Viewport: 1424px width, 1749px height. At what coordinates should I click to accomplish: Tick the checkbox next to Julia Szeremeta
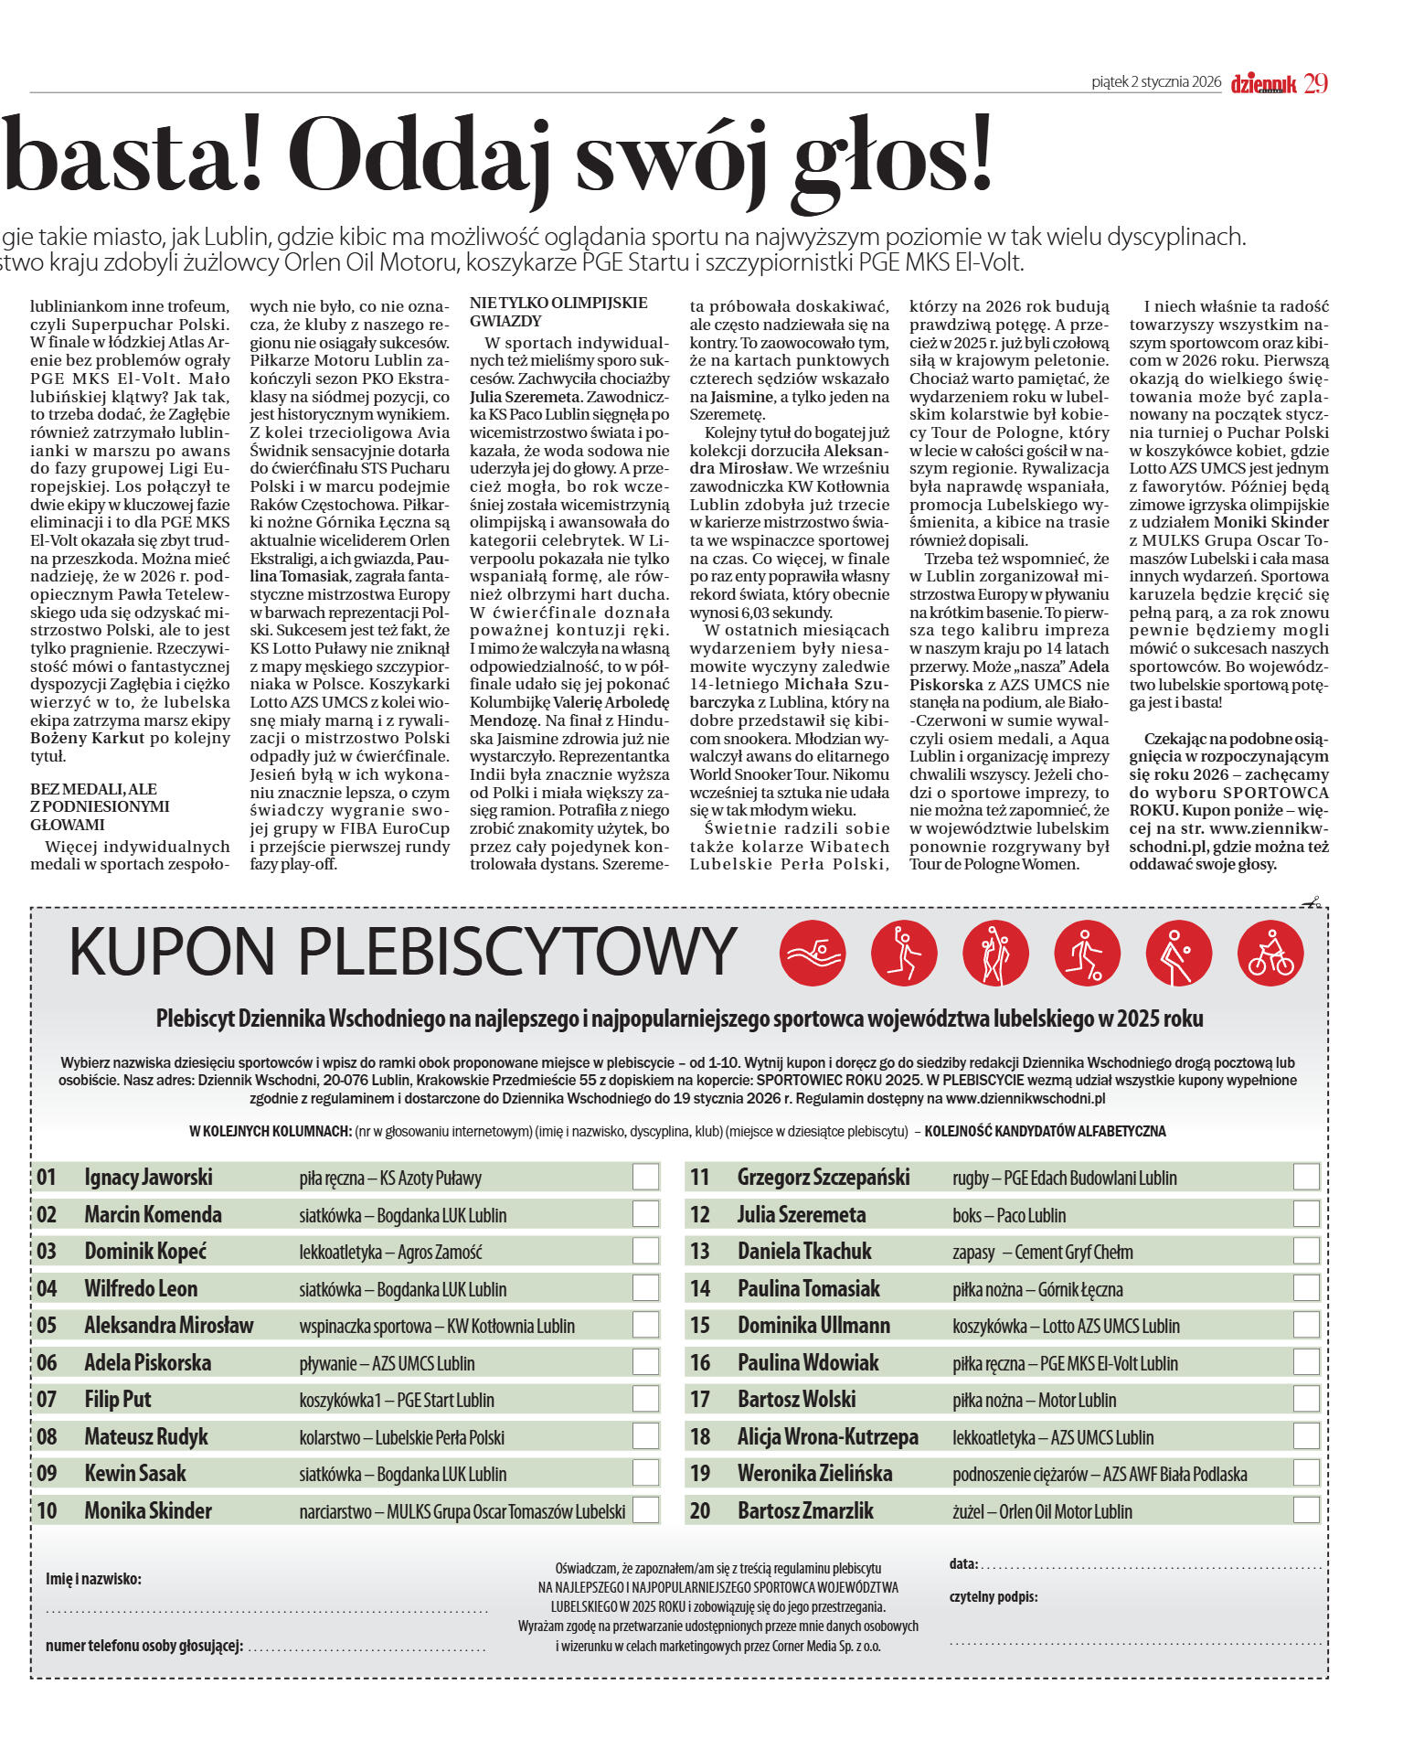point(1306,1214)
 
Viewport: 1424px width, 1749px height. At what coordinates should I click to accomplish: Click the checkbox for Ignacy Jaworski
point(645,1177)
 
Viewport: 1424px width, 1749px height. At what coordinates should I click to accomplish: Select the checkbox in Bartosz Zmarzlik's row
point(1306,1509)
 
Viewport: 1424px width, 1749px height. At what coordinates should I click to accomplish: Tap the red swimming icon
point(813,954)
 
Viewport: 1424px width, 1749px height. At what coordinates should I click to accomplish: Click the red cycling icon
point(1270,954)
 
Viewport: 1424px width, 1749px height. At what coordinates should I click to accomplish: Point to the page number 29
point(1315,83)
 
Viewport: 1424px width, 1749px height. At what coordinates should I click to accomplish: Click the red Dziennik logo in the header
point(1263,84)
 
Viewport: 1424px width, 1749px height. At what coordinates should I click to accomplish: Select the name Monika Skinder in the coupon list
point(148,1510)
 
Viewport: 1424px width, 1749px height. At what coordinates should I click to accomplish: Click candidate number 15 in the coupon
point(700,1325)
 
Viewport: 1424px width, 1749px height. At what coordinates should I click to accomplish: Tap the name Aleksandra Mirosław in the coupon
point(169,1325)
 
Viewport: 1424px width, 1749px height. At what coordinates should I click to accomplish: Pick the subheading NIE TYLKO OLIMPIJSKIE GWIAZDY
point(558,312)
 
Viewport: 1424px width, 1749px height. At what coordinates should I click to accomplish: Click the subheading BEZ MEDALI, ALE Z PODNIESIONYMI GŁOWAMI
point(100,806)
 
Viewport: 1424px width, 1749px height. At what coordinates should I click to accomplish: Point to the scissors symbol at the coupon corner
point(1312,903)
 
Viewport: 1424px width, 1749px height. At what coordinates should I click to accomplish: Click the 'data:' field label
point(963,1564)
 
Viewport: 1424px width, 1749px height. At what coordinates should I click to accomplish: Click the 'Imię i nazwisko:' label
point(93,1579)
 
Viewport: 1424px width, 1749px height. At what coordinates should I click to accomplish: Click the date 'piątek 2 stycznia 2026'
point(1156,82)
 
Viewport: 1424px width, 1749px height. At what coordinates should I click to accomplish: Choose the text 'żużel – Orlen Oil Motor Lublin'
point(1042,1511)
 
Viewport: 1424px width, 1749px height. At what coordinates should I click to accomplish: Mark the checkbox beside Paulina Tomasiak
point(1306,1288)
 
